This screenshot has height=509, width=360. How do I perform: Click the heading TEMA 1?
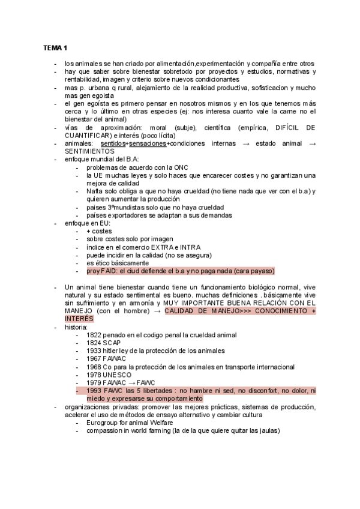point(56,48)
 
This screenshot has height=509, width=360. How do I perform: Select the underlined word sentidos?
point(112,143)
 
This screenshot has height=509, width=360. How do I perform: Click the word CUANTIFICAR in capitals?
point(91,136)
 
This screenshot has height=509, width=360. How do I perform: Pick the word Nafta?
point(95,191)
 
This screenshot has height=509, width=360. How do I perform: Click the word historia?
point(76,327)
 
